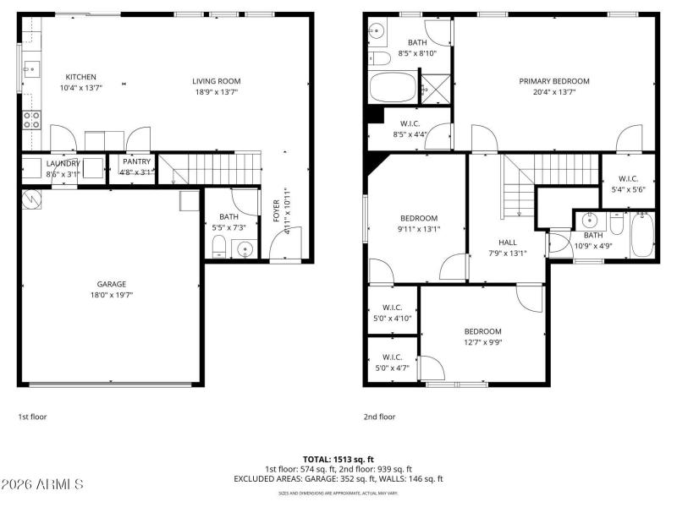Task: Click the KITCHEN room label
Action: pyautogui.click(x=81, y=77)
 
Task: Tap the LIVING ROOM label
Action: pyautogui.click(x=217, y=81)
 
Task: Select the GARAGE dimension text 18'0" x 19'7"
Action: pyautogui.click(x=111, y=295)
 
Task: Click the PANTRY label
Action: pyautogui.click(x=136, y=161)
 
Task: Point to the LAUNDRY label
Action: pyautogui.click(x=63, y=163)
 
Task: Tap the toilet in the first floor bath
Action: pyautogui.click(x=217, y=247)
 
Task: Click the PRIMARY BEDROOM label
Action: pyautogui.click(x=554, y=81)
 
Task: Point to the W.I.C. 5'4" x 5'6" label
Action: pyautogui.click(x=628, y=178)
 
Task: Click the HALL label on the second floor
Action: pyautogui.click(x=507, y=242)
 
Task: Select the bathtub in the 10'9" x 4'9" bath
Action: pyautogui.click(x=642, y=236)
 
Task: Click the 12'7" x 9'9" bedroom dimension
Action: pyautogui.click(x=482, y=342)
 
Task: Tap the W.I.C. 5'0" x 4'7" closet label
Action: pyautogui.click(x=392, y=357)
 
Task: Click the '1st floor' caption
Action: pyautogui.click(x=32, y=417)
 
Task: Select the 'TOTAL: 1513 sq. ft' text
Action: pyautogui.click(x=338, y=459)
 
